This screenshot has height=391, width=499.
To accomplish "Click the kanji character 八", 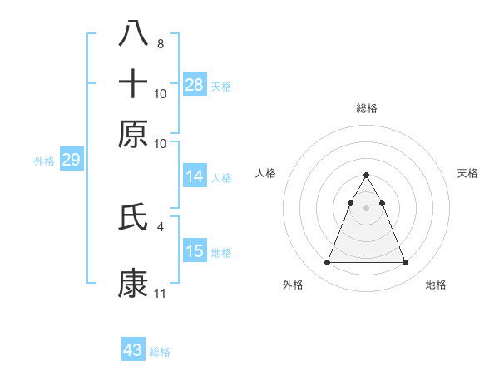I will [134, 34].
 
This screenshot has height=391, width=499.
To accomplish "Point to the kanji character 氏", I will [134, 217].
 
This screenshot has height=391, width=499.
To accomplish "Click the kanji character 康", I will [134, 284].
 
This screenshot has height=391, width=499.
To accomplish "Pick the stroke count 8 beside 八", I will [160, 44].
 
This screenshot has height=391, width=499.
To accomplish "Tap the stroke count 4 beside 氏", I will [160, 226].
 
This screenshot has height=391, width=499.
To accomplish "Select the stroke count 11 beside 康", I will [161, 294].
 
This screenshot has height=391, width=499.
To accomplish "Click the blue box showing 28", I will [195, 84].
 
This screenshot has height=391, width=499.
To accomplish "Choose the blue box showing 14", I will [195, 176].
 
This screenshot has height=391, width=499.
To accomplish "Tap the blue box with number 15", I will [195, 250].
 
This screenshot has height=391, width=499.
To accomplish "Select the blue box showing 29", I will [71, 159].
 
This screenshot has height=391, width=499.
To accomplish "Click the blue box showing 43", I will [133, 350].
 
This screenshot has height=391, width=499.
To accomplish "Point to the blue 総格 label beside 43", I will [160, 352].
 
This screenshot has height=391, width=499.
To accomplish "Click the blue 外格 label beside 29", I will [44, 161].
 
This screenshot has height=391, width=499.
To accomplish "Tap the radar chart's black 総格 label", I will [366, 108].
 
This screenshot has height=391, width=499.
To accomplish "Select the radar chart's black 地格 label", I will [436, 285].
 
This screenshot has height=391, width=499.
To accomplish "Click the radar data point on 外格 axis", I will [327, 263].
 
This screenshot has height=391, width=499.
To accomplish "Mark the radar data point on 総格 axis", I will [366, 176].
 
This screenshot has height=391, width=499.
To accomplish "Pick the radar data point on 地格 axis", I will [405, 263].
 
